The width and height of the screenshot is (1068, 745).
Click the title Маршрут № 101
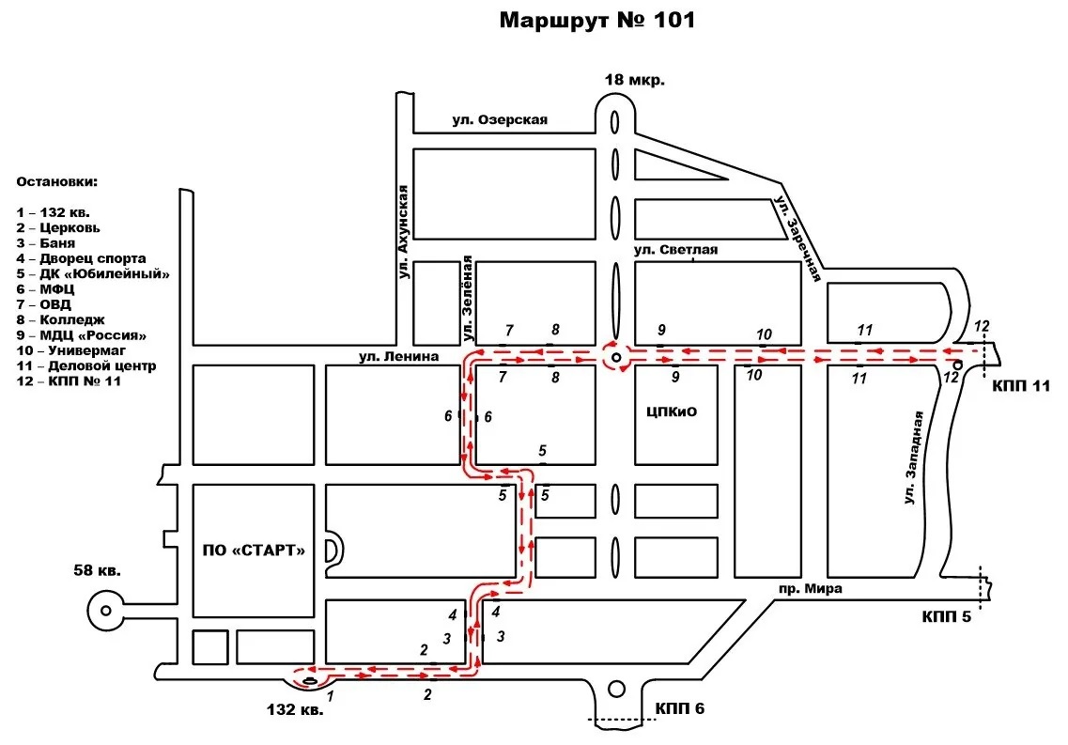pos(597,20)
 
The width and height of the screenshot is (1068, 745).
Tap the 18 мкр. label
pos(635,80)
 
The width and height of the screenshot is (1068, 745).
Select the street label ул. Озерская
pos(500,120)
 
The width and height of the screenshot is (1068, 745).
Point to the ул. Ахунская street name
pos(403,232)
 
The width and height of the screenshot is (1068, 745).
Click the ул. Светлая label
pos(675,250)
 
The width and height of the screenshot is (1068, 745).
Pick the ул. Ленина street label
pos(399,356)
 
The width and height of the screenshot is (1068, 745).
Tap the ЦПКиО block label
pos(672,411)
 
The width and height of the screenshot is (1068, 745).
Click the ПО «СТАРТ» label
pos(254,551)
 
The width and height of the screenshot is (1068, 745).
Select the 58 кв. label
pos(98,570)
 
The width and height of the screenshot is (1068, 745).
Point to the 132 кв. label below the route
pos(295,709)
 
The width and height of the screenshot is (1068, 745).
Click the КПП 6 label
pos(680,708)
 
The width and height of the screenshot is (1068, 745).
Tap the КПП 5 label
pos(947,616)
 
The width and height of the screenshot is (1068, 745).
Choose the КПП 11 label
pos(1021,386)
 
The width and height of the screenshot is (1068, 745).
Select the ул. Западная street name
pos(913,458)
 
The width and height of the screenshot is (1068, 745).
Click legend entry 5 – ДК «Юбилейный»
pos(93,273)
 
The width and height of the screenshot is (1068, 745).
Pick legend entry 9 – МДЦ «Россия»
pos(82,335)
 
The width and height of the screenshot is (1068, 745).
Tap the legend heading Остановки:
pos(57,182)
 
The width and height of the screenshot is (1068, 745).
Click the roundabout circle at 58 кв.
pos(105,611)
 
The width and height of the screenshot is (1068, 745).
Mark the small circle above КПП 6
pos(616,690)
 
